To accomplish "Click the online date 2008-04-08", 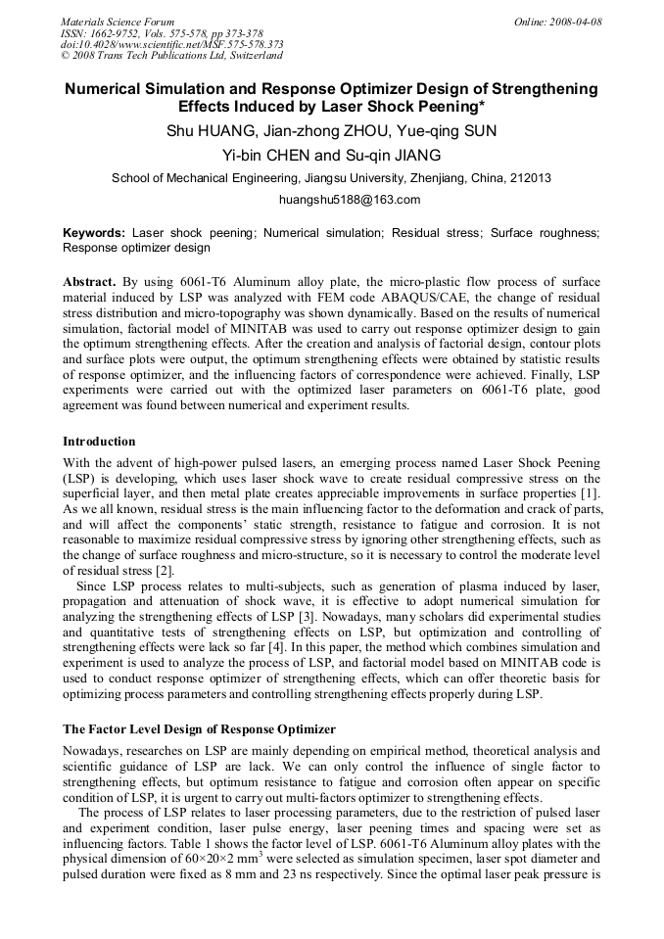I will [576, 22].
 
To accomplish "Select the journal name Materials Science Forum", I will [118, 22].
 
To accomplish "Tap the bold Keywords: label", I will [94, 233].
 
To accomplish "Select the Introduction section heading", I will [99, 442].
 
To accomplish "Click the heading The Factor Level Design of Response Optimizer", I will [199, 729].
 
